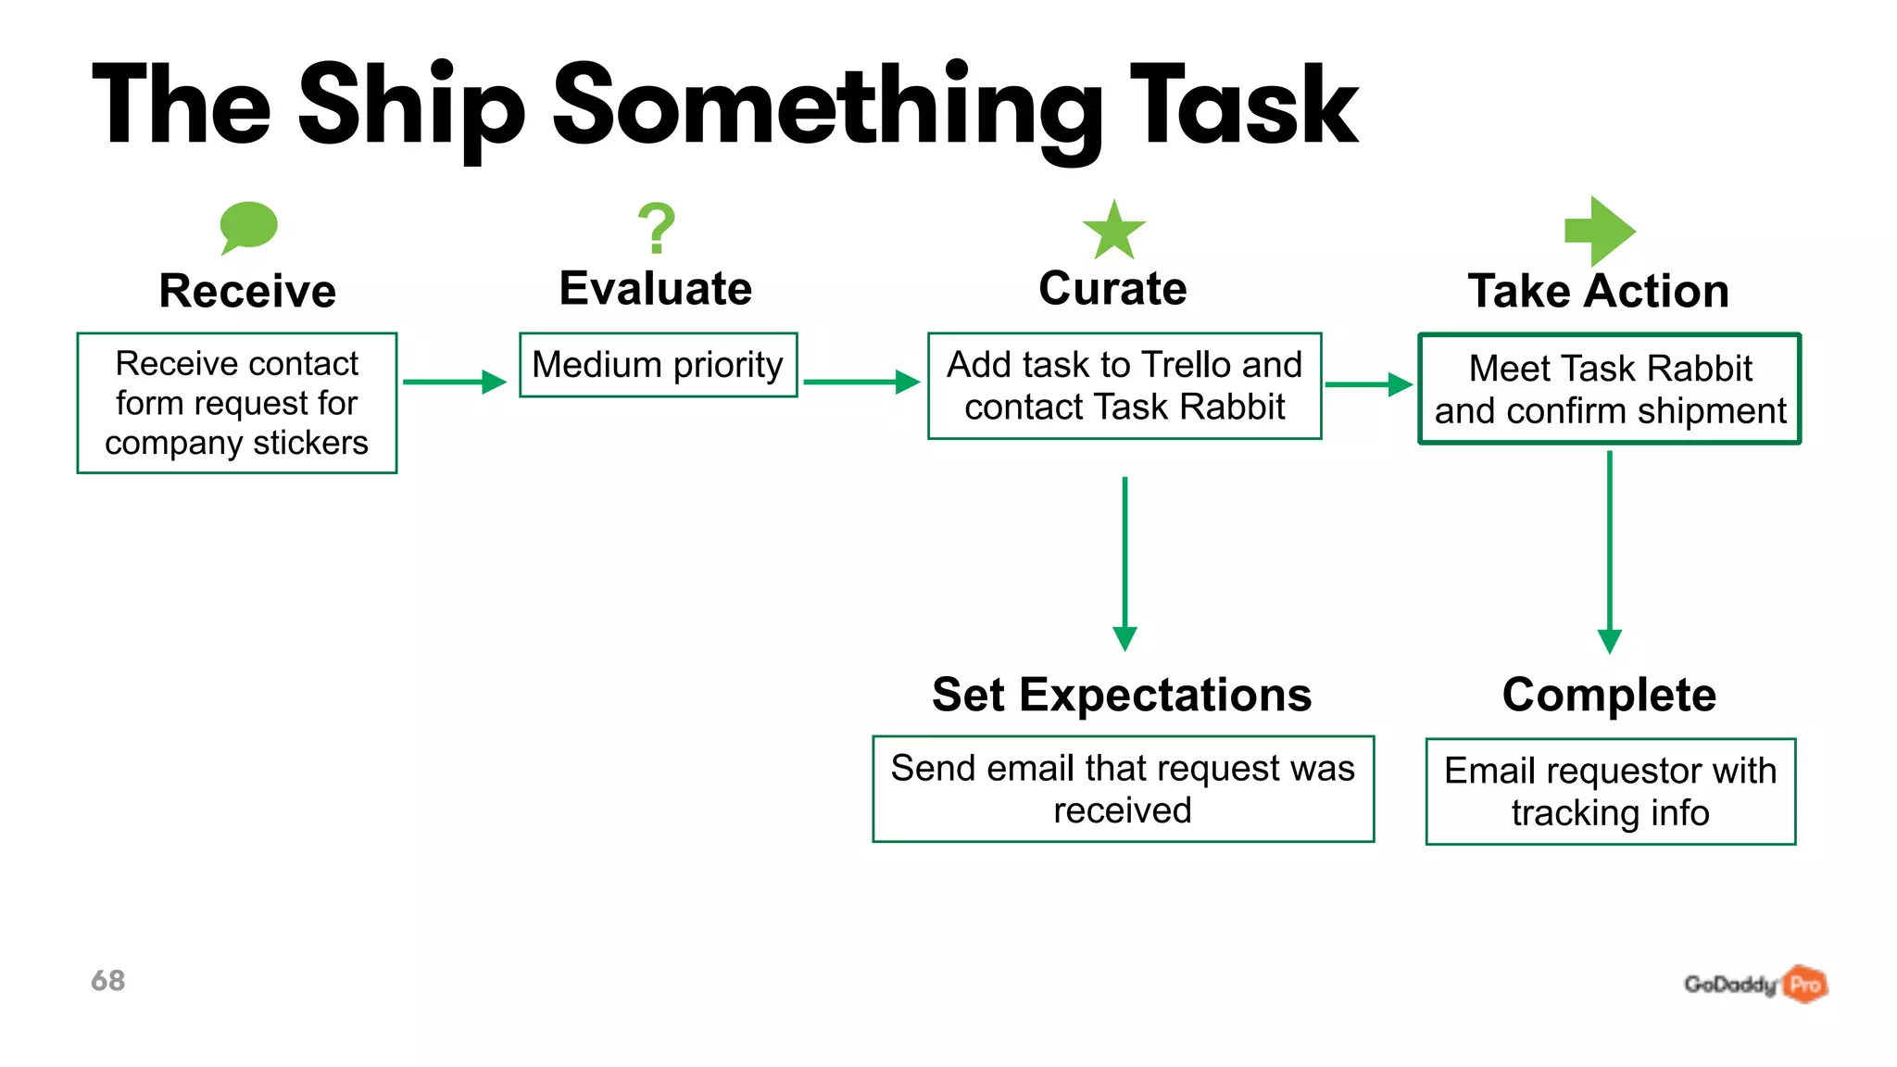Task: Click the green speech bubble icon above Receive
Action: click(x=248, y=226)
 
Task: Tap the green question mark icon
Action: click(x=657, y=228)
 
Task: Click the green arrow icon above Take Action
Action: click(x=1600, y=231)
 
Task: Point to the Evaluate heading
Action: click(x=656, y=288)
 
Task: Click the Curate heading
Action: click(x=1112, y=288)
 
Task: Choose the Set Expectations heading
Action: click(x=1122, y=695)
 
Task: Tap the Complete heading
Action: click(x=1609, y=695)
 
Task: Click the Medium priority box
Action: click(x=658, y=365)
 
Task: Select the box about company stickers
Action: click(x=237, y=403)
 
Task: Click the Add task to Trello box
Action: click(x=1124, y=385)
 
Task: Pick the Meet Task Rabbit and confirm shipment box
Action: click(x=1610, y=389)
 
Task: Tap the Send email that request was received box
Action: click(x=1123, y=789)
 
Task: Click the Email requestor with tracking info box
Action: click(x=1610, y=792)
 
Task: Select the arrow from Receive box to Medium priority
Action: click(x=455, y=382)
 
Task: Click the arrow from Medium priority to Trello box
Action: click(x=861, y=382)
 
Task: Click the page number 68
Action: click(x=107, y=981)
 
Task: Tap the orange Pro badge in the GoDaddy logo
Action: click(x=1805, y=984)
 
